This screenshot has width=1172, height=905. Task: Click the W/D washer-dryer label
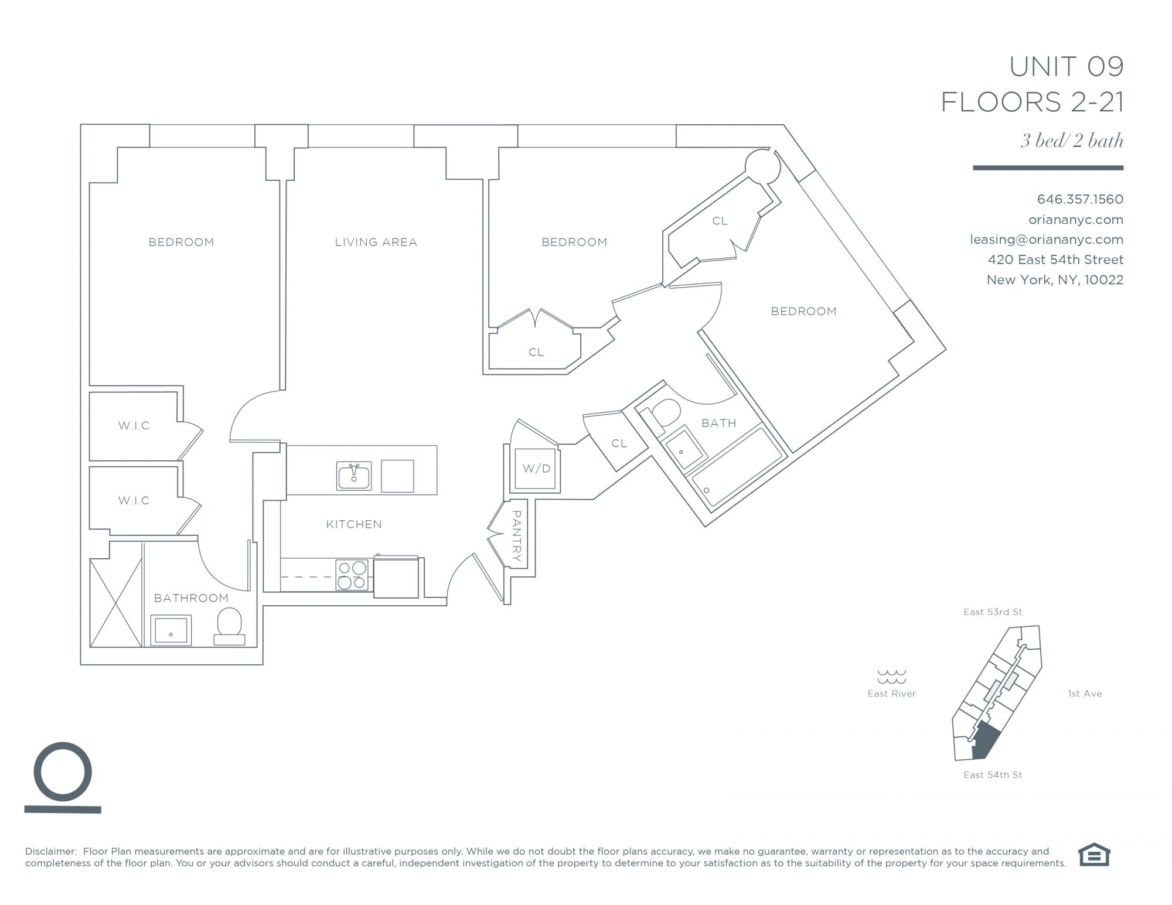click(536, 469)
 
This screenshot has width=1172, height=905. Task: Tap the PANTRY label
click(516, 536)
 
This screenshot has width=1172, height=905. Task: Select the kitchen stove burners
click(352, 575)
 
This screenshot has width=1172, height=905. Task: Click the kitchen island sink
click(354, 475)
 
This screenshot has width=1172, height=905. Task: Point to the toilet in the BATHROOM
click(229, 626)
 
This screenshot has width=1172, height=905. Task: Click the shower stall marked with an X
click(116, 603)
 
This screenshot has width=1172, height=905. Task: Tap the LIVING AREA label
click(376, 242)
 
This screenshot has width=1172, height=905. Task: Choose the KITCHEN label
click(354, 524)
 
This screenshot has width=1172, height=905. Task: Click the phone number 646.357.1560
click(1080, 199)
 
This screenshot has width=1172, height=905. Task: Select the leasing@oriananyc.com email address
click(1047, 240)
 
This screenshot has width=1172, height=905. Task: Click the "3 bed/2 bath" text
click(1072, 141)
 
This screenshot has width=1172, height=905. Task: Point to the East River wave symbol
click(891, 677)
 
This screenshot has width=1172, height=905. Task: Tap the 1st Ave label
click(1085, 694)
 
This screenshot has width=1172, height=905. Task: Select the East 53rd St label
click(993, 612)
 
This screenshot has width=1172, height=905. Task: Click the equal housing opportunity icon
click(1094, 854)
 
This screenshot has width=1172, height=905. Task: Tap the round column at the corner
click(762, 166)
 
